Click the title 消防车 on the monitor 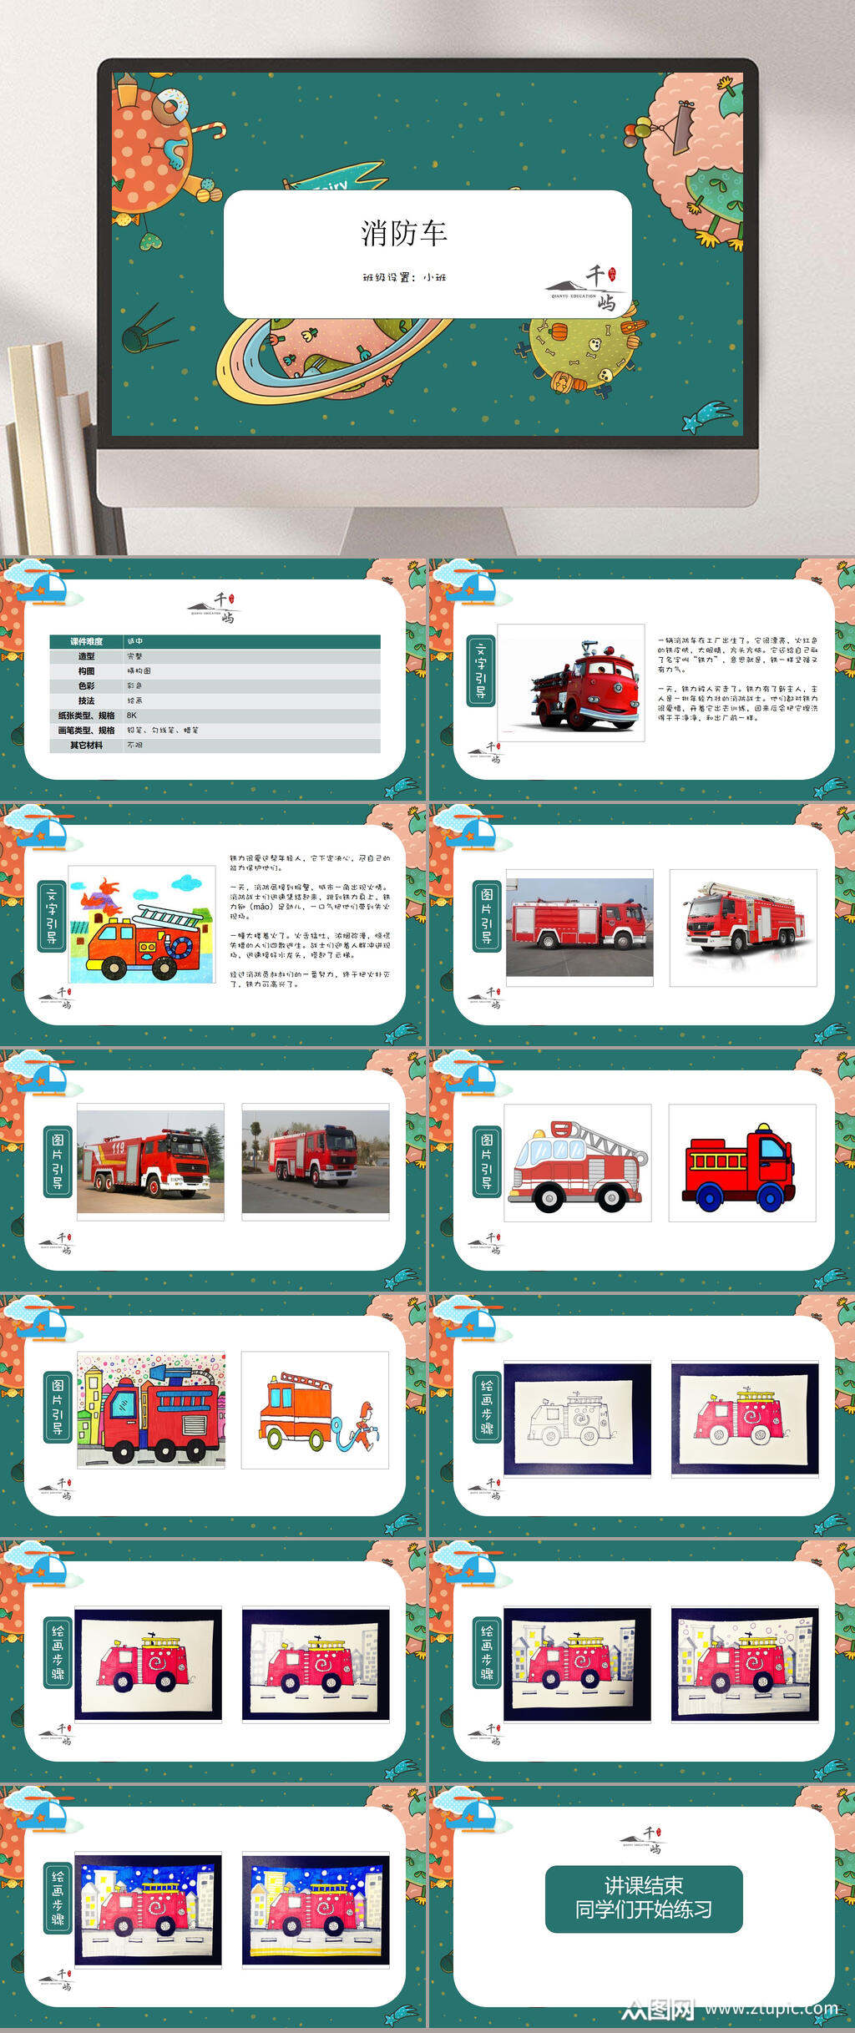click(x=404, y=233)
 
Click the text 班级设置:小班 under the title click(x=404, y=277)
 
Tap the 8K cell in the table click(x=132, y=716)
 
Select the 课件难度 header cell click(x=87, y=641)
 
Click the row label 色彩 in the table click(x=87, y=685)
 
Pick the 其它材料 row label click(x=87, y=745)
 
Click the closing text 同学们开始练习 click(x=643, y=1909)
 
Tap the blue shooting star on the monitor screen click(x=706, y=416)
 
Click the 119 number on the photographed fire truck click(x=118, y=1148)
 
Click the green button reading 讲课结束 click(x=643, y=1886)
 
